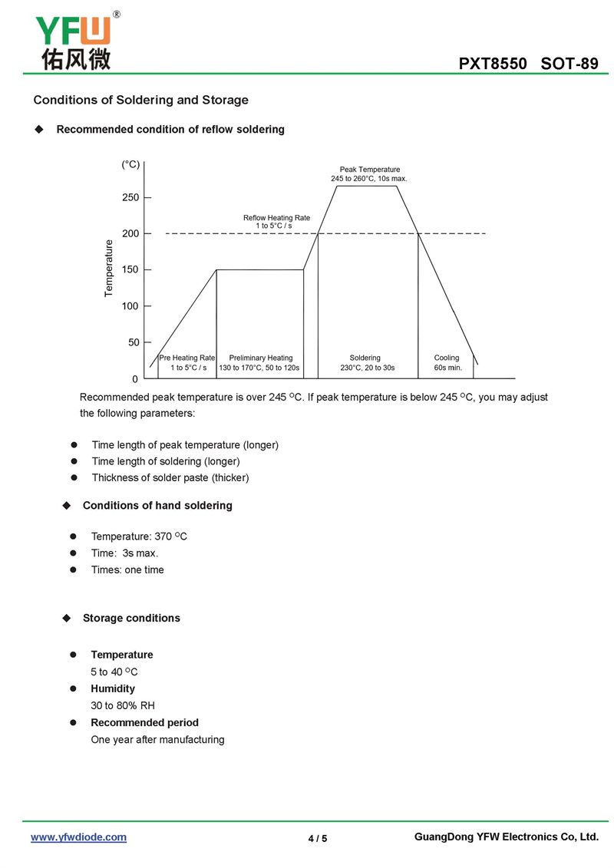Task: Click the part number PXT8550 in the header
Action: pyautogui.click(x=493, y=64)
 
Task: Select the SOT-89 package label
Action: pyautogui.click(x=569, y=64)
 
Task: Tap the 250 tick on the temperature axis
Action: pyautogui.click(x=130, y=197)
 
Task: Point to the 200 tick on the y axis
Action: pyautogui.click(x=130, y=233)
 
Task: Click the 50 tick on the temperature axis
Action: pyautogui.click(x=134, y=343)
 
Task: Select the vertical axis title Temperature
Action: pyautogui.click(x=109, y=269)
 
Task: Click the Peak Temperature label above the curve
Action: pyautogui.click(x=369, y=170)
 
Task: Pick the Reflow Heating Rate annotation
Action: pyautogui.click(x=276, y=218)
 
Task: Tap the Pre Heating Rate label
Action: pyautogui.click(x=187, y=358)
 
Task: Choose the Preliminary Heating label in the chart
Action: pyautogui.click(x=260, y=358)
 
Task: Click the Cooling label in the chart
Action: pyautogui.click(x=446, y=358)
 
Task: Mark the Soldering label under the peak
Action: pyautogui.click(x=365, y=358)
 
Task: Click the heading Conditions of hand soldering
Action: pyautogui.click(x=157, y=506)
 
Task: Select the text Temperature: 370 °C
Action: pyautogui.click(x=139, y=536)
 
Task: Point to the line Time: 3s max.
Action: pyautogui.click(x=125, y=553)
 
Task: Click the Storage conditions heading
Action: pyautogui.click(x=131, y=619)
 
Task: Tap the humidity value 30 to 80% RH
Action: pyautogui.click(x=123, y=705)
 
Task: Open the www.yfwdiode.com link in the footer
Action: pyautogui.click(x=78, y=837)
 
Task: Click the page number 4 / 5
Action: pyautogui.click(x=317, y=838)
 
